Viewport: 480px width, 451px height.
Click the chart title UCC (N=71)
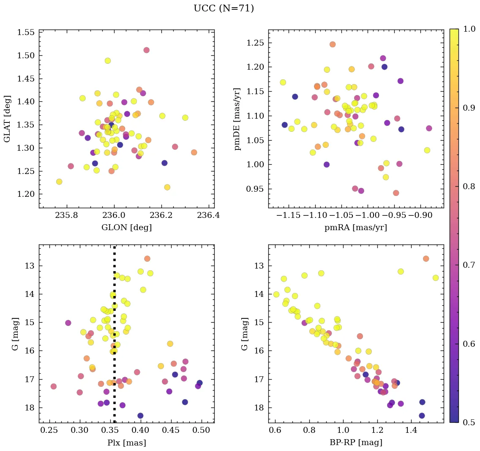(x=224, y=8)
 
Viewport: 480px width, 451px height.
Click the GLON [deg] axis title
(x=126, y=228)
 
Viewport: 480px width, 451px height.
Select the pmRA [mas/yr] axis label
(x=355, y=228)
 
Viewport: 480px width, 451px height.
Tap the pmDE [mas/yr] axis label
(x=237, y=119)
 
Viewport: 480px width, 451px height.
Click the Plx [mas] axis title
(x=126, y=443)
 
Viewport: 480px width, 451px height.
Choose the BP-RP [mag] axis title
(x=355, y=443)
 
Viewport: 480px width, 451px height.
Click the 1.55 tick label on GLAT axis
(x=26, y=33)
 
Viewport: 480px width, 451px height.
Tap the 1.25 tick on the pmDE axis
(x=255, y=43)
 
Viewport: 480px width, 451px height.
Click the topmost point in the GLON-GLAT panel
(x=146, y=50)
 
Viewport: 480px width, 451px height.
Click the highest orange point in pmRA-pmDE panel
(x=333, y=44)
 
